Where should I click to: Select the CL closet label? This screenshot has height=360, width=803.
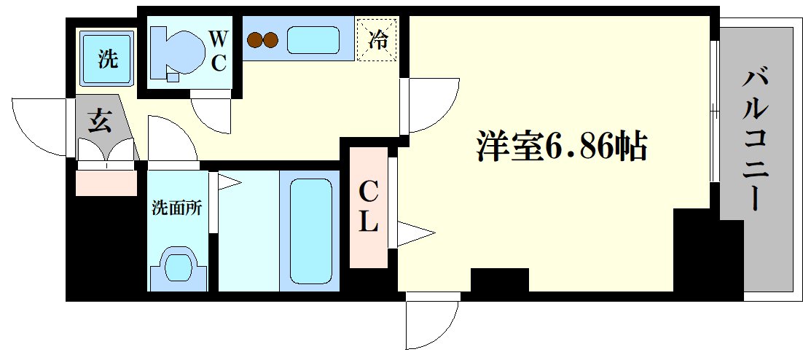point(369,207)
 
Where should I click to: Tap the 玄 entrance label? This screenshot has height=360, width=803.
point(100,122)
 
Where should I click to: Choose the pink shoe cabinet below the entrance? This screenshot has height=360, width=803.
point(106,181)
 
